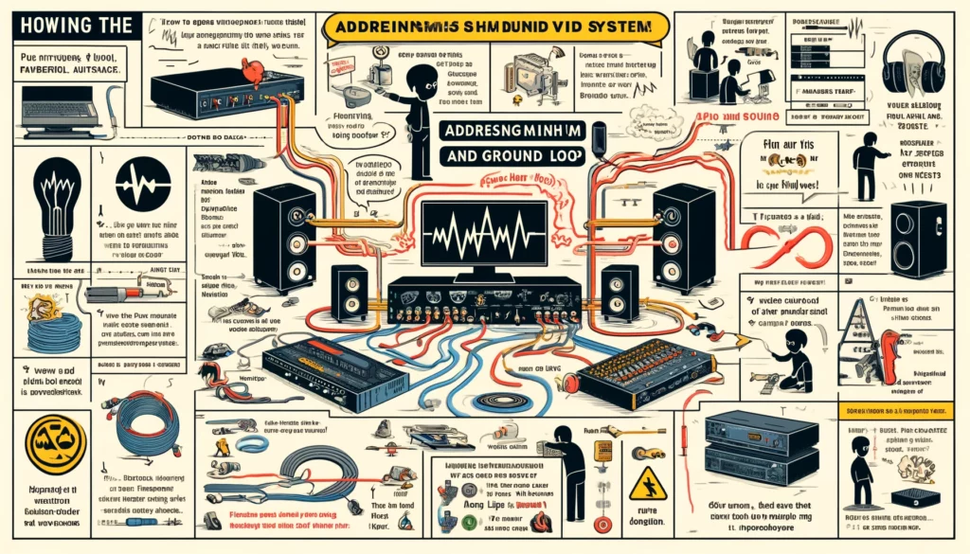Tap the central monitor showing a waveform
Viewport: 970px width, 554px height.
(x=485, y=235)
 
